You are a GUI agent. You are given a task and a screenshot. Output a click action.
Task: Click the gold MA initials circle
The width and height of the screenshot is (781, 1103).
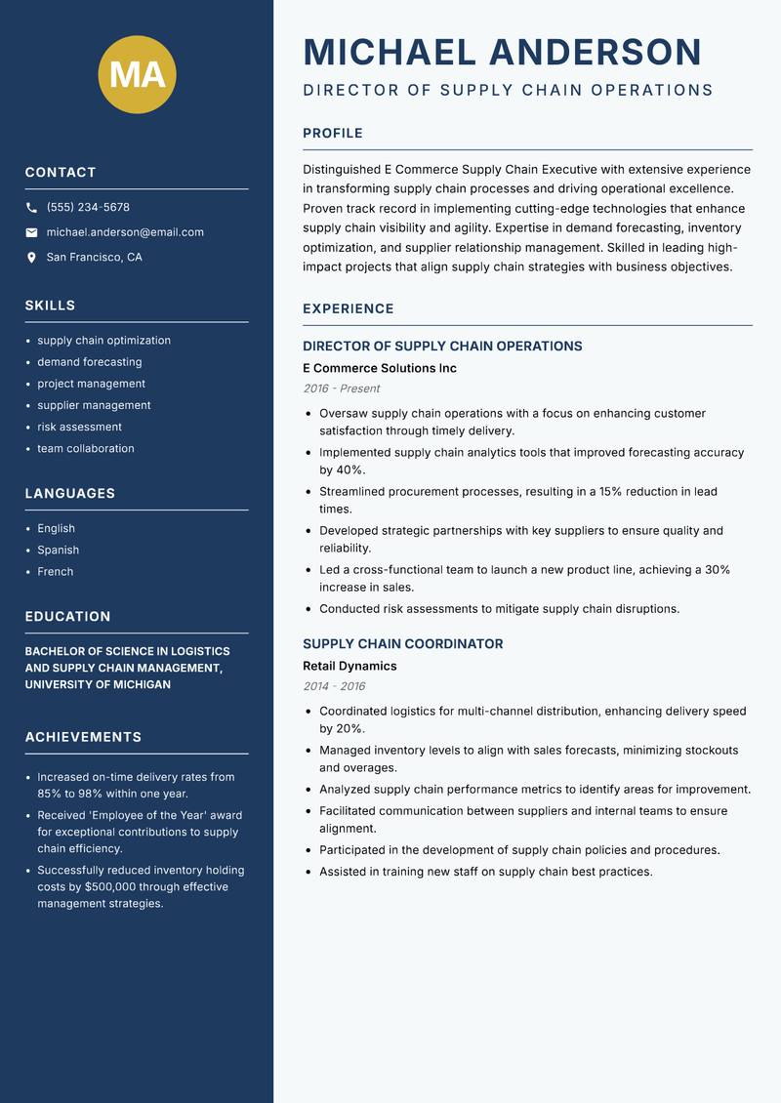(138, 74)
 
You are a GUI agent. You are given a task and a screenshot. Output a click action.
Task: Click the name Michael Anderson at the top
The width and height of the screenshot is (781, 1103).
(503, 52)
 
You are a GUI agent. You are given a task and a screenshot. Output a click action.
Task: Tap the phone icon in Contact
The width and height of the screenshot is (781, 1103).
(31, 208)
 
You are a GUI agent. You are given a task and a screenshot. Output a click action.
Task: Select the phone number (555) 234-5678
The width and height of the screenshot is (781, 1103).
(88, 208)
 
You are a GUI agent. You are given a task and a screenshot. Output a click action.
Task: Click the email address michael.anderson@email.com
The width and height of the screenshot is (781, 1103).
(125, 232)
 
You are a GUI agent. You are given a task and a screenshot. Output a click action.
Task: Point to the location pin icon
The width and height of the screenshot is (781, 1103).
(31, 258)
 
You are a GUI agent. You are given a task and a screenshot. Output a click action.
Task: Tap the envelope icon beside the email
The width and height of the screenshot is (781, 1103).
(31, 232)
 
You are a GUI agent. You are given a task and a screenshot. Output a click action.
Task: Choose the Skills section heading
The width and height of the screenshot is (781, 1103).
(50, 306)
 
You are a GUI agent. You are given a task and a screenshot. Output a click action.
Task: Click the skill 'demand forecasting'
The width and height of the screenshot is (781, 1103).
(90, 362)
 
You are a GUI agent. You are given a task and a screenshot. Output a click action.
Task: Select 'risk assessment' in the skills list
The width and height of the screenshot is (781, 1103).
(80, 427)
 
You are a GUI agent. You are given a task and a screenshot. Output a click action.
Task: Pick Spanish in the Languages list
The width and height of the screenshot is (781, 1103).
(59, 551)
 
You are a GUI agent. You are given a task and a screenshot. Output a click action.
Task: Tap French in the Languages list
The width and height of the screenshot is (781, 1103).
(56, 572)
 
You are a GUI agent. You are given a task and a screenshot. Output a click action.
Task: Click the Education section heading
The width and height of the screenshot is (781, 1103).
(67, 617)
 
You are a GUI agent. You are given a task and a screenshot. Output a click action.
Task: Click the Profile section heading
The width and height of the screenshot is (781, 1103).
(333, 134)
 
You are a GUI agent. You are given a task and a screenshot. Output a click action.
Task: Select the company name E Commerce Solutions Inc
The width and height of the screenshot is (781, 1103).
(380, 369)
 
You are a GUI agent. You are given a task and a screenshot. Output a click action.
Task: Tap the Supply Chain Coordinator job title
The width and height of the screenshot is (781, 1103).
(403, 644)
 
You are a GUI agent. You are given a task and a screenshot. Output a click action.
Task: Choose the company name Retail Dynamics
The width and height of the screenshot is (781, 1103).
(349, 667)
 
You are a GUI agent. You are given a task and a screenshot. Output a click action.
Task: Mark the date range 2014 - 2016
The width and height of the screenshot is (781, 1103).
(334, 686)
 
